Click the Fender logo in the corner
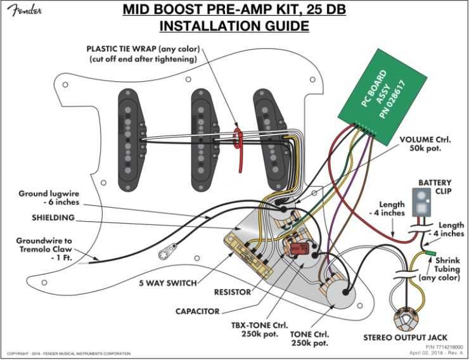tap(22, 12)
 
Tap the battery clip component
tap(420, 202)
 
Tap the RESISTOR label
tap(232, 292)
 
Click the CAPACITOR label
tap(198, 311)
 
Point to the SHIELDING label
tap(53, 217)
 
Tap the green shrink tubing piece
tap(430, 254)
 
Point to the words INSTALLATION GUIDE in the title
tap(234, 26)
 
